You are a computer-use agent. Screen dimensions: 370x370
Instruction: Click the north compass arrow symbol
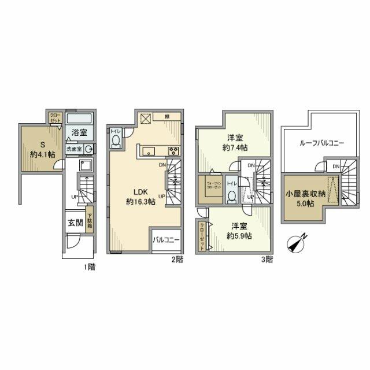click(x=296, y=243)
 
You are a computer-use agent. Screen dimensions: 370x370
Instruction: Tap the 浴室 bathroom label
click(x=79, y=133)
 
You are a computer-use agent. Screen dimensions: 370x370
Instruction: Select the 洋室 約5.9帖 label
click(x=238, y=231)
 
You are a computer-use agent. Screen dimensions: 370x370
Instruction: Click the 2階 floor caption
click(x=177, y=260)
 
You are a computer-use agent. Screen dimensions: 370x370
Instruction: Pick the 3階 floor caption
click(x=267, y=260)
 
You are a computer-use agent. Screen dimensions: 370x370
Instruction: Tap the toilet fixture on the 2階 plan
click(x=116, y=141)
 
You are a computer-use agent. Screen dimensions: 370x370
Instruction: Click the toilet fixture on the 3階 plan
click(x=232, y=195)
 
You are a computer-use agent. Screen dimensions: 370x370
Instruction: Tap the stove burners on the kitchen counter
click(x=172, y=151)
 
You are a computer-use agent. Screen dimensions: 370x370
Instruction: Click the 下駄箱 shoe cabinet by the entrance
click(x=90, y=223)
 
